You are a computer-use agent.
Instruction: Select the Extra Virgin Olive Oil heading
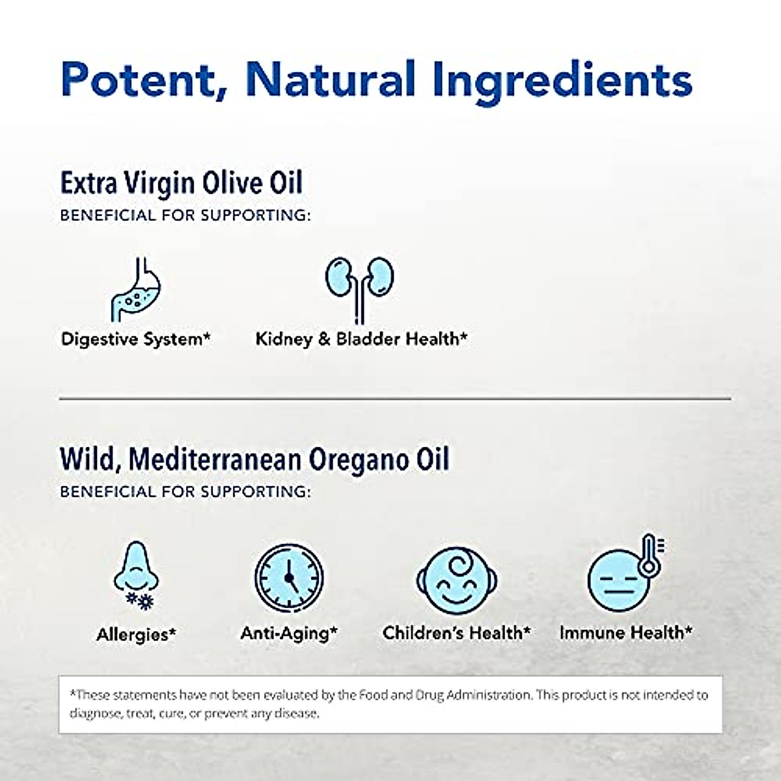tap(182, 183)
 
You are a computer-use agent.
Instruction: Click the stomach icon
tap(135, 290)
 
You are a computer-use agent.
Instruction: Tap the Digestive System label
tap(136, 339)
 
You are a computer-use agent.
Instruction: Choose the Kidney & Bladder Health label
tap(361, 339)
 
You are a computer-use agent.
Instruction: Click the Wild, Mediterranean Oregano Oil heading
tap(254, 459)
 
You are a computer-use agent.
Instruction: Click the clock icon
tap(289, 576)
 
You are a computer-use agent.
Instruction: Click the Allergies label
tap(136, 634)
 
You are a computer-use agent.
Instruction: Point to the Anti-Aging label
tap(289, 633)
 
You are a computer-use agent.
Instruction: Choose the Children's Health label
tap(456, 633)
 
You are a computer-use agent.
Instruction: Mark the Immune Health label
tap(625, 633)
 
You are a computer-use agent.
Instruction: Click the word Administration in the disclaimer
tap(482, 695)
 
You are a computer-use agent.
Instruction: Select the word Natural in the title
tap(331, 79)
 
